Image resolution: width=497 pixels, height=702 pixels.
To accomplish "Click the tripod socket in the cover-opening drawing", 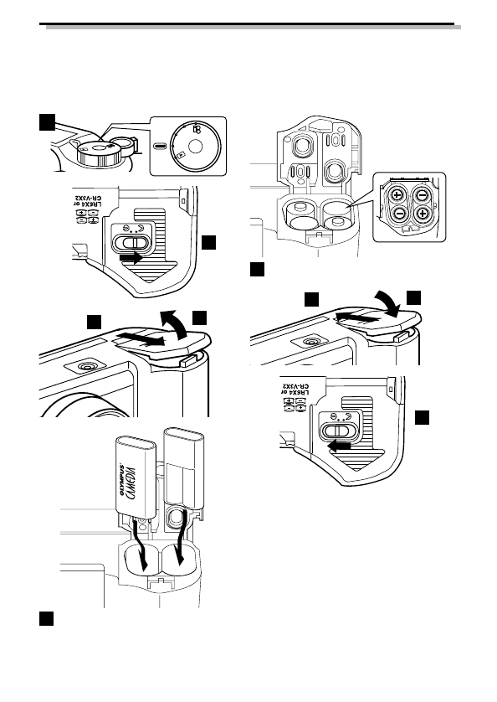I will (86, 367).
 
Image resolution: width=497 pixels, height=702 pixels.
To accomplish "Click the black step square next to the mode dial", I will (48, 122).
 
